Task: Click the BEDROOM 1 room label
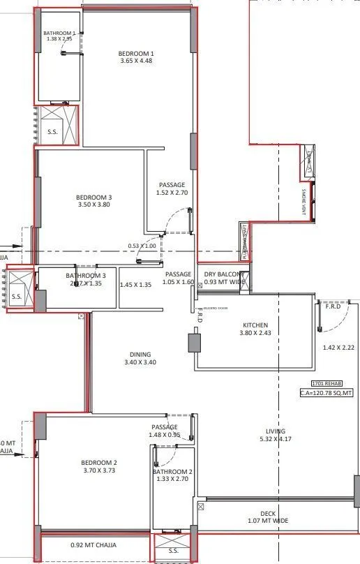(x=135, y=54)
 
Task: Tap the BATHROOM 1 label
(x=59, y=33)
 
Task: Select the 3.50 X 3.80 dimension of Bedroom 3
(x=93, y=206)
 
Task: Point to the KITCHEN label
(x=255, y=325)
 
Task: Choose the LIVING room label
(x=276, y=431)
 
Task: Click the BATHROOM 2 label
(x=172, y=472)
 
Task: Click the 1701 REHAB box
(x=325, y=384)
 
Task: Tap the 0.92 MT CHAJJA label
(x=93, y=545)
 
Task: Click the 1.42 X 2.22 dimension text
(x=339, y=347)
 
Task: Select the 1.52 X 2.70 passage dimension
(x=172, y=193)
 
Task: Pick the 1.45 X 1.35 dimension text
(x=135, y=285)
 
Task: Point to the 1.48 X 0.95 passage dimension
(x=164, y=435)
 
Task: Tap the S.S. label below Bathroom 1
(x=52, y=131)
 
